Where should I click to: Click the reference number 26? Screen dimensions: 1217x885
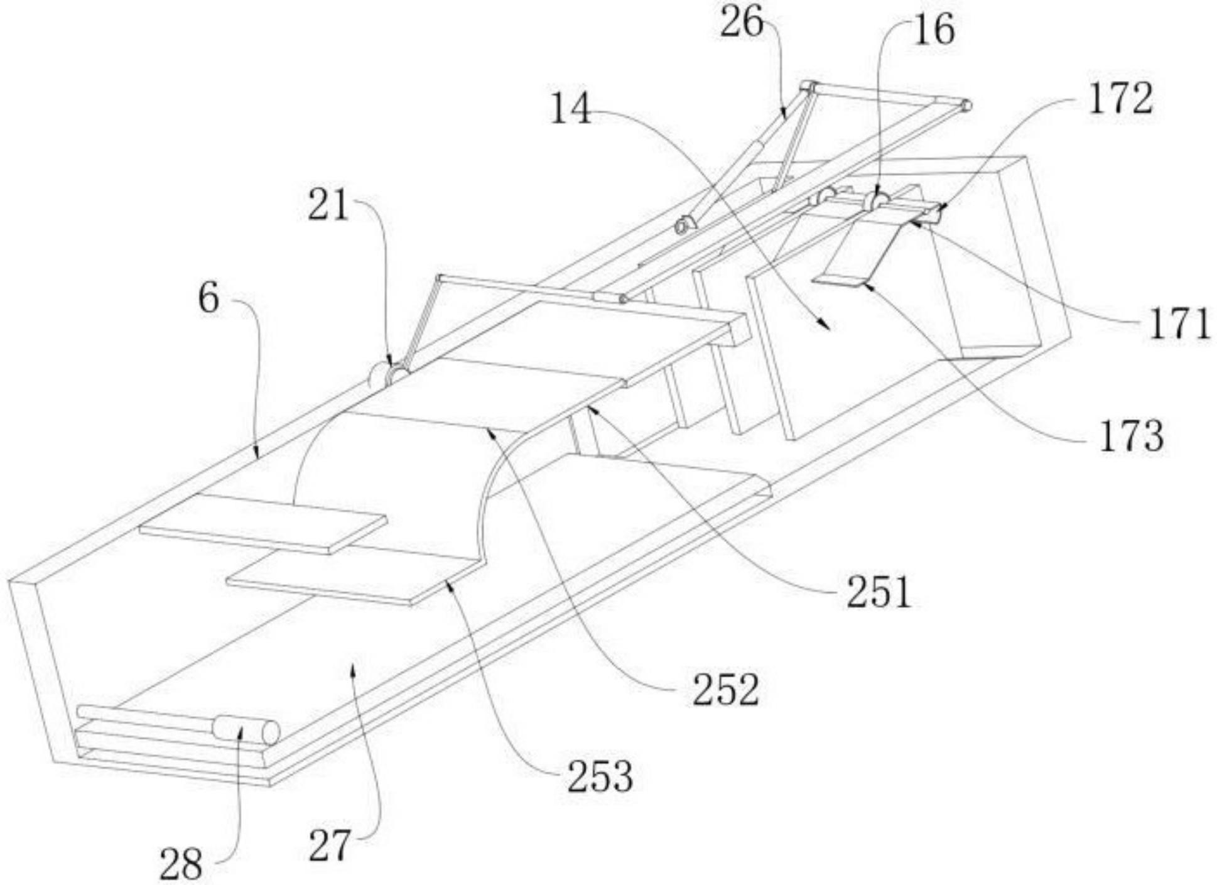(x=742, y=24)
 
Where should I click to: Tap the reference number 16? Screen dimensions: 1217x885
(x=934, y=30)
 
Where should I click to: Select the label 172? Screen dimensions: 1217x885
(x=1120, y=99)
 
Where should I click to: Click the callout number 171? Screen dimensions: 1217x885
(x=1179, y=325)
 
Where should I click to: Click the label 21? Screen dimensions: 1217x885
(x=328, y=205)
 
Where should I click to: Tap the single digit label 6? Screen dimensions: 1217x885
(x=209, y=298)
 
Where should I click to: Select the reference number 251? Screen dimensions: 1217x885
(x=879, y=592)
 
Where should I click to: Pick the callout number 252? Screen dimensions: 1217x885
(x=726, y=690)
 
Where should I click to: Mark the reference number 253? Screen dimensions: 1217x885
(x=600, y=776)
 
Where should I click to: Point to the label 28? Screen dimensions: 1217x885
(x=181, y=864)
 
